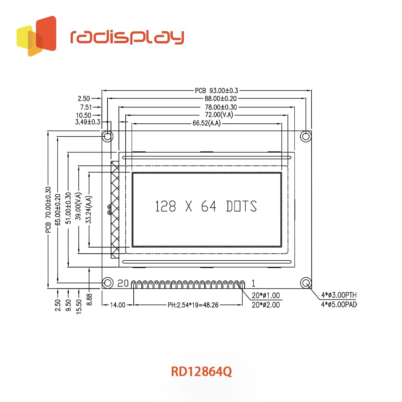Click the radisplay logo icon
coord(36,36)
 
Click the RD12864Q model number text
coord(201,372)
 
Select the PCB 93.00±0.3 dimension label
coord(216,90)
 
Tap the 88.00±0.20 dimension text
coord(220,98)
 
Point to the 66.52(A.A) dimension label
coord(206,123)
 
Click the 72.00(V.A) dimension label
coord(219,115)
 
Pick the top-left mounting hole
coord(108,136)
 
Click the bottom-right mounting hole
coord(306,283)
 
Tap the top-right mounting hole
coord(306,136)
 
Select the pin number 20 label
coord(123,283)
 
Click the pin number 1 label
coord(254,283)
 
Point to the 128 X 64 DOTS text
coord(206,206)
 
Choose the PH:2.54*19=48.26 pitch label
coord(193,305)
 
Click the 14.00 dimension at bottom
coord(118,305)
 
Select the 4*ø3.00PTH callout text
coord(339,295)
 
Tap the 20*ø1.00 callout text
coord(266,295)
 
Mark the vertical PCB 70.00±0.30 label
coord(49,210)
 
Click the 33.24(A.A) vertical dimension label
coord(89,210)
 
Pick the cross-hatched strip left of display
coord(115,209)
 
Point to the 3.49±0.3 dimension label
coord(87,122)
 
